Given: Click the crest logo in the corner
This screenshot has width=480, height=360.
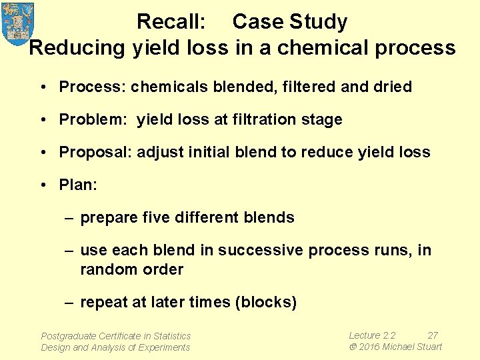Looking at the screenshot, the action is point(18,23).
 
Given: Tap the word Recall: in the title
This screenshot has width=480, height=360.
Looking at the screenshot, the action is point(171,22).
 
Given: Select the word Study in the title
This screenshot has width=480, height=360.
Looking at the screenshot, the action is point(318,22).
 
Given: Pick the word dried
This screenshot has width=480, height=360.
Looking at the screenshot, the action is point(392,87).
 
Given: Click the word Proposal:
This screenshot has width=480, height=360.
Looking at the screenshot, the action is point(95,152).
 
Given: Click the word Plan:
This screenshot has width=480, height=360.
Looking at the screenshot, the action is point(78,185).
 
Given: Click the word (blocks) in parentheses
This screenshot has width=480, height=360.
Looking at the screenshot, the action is point(265,302).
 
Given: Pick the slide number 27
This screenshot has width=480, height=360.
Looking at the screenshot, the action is point(433,335).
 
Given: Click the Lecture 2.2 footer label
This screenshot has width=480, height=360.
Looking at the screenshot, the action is point(372,335).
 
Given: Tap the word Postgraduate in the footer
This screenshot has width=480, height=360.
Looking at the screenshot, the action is point(68,336).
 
